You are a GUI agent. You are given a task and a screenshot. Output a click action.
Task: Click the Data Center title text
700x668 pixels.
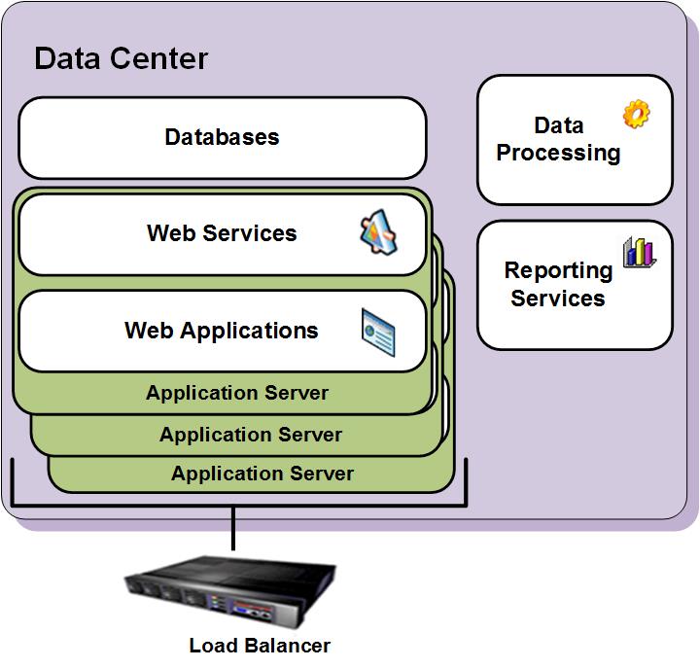121,58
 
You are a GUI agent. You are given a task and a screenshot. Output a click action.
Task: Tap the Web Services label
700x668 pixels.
222,233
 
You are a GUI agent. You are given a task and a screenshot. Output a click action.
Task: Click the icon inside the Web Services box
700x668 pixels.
379,234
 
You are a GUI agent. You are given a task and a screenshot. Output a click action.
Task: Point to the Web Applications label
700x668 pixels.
221,331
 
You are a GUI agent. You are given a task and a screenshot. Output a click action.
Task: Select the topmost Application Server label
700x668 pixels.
237,394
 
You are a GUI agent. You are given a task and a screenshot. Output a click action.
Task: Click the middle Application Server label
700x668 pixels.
251,435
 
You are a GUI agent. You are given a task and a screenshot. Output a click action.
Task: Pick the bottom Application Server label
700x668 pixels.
262,475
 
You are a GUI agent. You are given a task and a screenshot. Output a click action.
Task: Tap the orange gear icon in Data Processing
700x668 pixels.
636,115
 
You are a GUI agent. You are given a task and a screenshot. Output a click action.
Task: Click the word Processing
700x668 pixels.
558,154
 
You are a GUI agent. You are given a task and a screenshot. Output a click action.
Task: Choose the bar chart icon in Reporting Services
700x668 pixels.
639,253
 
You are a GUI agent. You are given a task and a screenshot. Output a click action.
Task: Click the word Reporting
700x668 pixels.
558,270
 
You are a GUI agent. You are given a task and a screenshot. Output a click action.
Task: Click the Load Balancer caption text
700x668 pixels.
260,646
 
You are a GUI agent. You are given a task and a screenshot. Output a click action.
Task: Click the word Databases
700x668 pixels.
222,138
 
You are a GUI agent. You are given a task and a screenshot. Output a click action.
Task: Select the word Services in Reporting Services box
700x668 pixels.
558,299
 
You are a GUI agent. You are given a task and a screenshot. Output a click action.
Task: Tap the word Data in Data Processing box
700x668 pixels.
559,125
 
